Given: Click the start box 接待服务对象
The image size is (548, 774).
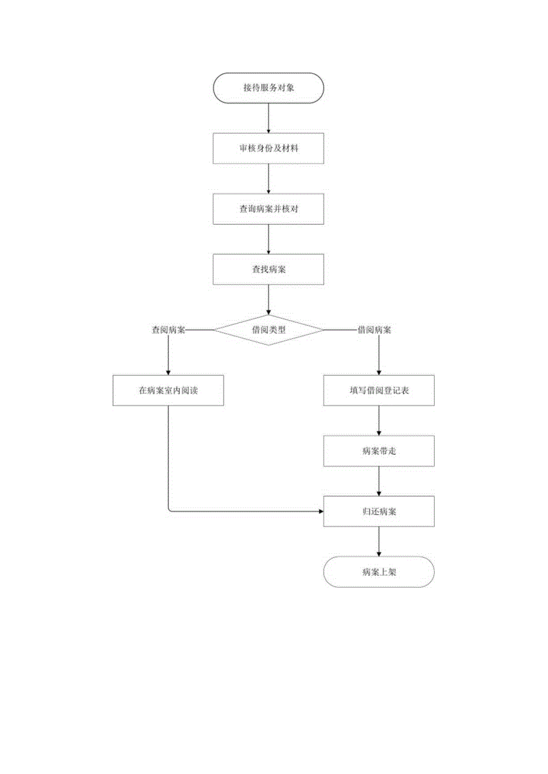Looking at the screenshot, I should [268, 88].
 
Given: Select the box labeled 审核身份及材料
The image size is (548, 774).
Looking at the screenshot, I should [268, 148].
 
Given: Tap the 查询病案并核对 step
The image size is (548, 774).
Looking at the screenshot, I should [268, 209].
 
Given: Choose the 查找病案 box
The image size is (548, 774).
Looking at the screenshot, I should [268, 270].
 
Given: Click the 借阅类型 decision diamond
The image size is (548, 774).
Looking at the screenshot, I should [269, 330].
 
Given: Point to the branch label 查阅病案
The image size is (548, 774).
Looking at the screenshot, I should [169, 330].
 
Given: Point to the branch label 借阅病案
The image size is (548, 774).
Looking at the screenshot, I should [374, 330].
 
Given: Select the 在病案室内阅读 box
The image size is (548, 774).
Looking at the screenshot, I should [168, 391].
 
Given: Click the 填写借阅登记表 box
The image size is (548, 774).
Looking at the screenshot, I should [379, 391].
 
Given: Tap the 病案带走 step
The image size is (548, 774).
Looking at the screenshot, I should [379, 451].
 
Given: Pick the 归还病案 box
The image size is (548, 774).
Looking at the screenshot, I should [379, 511].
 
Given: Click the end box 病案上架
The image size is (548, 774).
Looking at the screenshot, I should [379, 572].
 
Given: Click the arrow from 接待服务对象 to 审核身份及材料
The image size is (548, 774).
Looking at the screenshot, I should [269, 118].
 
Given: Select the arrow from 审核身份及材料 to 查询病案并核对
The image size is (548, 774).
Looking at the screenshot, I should [269, 178].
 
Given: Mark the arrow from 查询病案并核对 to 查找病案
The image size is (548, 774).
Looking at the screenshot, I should [269, 239].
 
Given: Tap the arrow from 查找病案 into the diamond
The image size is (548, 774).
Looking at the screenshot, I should [269, 299].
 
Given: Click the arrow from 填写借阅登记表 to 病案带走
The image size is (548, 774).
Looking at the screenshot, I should [379, 421].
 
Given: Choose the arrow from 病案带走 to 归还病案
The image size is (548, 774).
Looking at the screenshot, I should [379, 481].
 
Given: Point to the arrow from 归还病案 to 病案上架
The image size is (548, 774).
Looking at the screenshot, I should [379, 541].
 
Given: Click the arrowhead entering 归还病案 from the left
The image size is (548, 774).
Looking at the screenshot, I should [320, 511].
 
